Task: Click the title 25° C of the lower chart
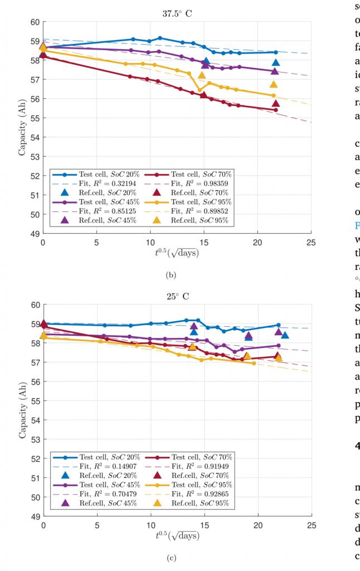tap(177, 296)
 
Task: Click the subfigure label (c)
tap(177, 557)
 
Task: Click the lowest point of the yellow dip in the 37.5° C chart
tap(200, 90)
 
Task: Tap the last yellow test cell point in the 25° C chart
tap(254, 363)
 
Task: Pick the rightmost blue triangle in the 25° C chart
tap(285, 335)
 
